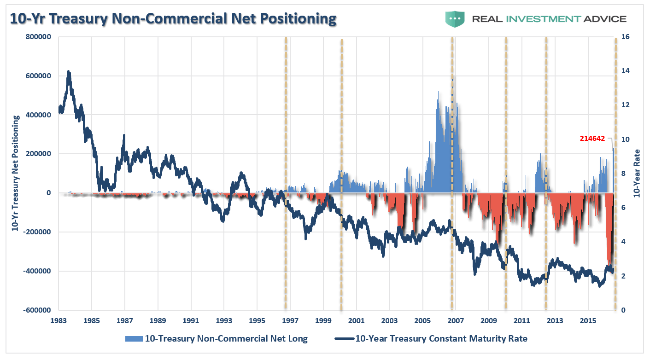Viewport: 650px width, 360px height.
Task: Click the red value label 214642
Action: coord(592,138)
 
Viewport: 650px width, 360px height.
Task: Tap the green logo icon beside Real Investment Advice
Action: coord(455,19)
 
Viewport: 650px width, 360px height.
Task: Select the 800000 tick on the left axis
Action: coord(38,37)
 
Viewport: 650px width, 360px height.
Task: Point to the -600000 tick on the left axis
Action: coord(37,310)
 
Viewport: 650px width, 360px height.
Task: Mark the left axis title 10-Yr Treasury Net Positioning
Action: coord(15,173)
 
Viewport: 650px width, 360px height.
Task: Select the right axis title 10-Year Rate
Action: coord(637,173)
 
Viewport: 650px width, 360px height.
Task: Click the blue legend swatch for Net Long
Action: coord(133,339)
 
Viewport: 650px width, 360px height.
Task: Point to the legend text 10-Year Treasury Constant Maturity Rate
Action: coord(441,339)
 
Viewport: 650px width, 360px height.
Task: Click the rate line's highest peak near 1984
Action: coord(69,72)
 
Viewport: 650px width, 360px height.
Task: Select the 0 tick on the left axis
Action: coord(48,193)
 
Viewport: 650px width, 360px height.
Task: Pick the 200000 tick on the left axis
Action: coord(39,154)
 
